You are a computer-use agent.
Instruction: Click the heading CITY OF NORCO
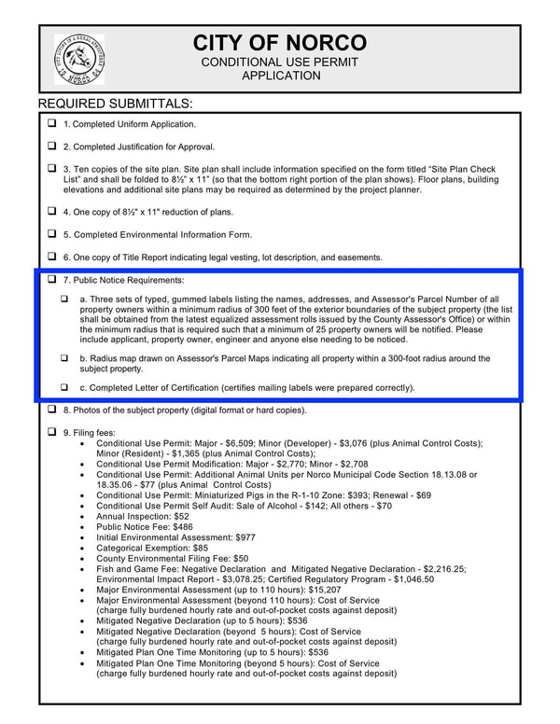point(280,43)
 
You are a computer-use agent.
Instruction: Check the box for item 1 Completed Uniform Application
point(51,123)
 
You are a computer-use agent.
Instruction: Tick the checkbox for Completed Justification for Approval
point(51,146)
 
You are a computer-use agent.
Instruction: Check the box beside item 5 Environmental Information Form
point(51,234)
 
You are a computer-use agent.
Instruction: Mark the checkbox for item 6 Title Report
point(51,257)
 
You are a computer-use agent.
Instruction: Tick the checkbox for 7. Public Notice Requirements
point(51,280)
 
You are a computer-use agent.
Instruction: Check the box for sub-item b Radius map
point(64,358)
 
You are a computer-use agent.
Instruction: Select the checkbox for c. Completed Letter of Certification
point(64,387)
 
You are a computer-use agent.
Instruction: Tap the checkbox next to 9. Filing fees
point(51,433)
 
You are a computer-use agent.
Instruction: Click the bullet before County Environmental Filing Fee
point(84,560)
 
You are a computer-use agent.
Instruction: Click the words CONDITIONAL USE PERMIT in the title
point(280,62)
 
